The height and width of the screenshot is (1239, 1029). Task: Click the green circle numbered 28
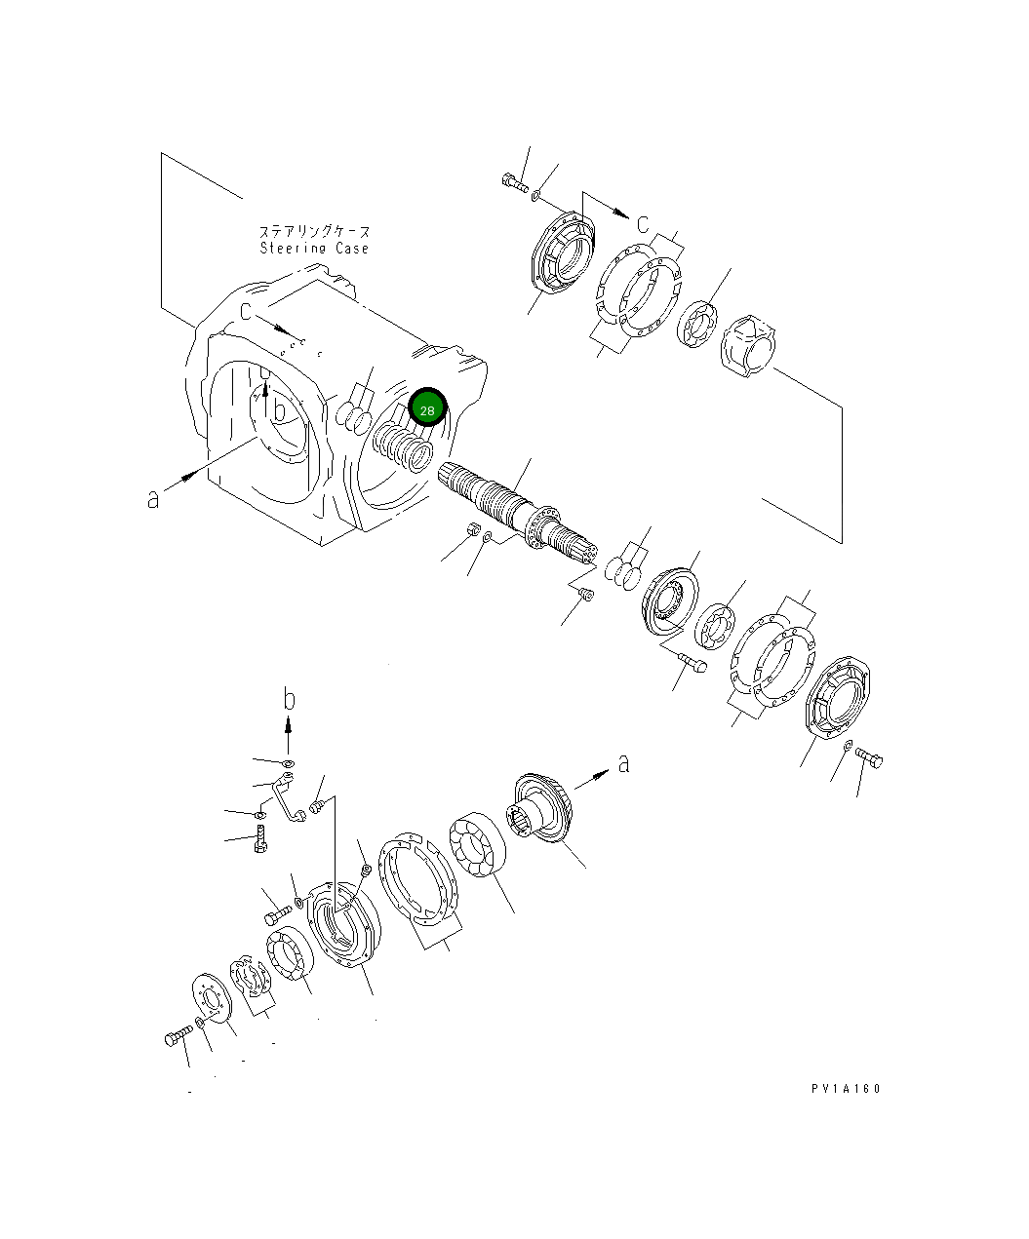coord(427,407)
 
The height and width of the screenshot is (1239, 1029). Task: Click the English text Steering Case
coord(314,249)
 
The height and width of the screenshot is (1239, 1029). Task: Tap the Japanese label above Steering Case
coord(314,232)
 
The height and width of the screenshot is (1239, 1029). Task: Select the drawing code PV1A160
coord(845,1089)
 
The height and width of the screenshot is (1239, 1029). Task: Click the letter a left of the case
coord(152,498)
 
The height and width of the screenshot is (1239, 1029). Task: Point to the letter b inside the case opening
coord(279,410)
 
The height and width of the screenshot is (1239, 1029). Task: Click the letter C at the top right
coord(643,224)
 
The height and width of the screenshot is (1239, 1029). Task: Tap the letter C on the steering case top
coord(247,311)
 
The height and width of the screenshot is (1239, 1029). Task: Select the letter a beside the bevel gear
coord(623,762)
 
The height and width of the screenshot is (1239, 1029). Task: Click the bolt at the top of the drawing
coord(512,181)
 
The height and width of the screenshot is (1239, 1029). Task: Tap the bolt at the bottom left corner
coord(176,1038)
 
